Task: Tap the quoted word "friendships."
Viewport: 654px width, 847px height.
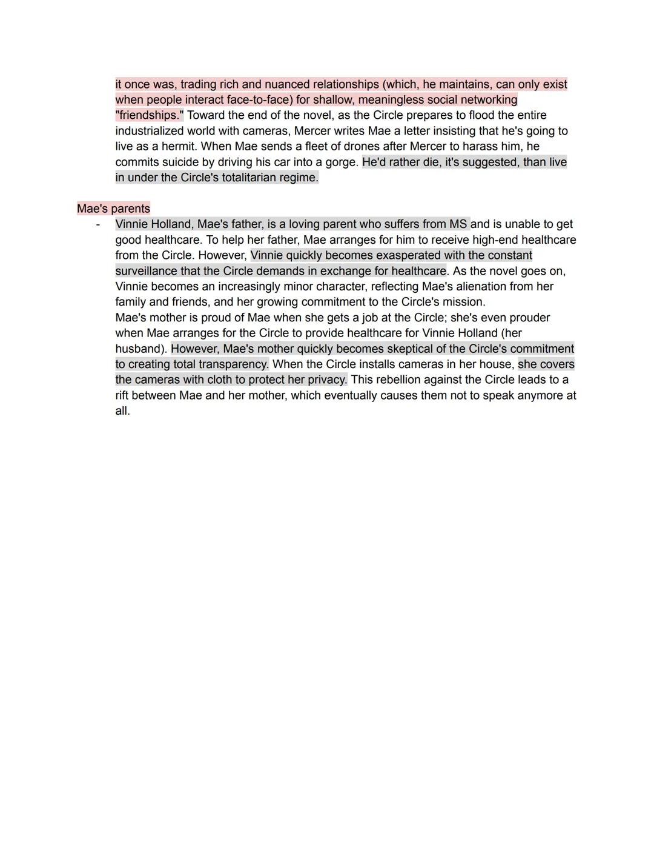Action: click(150, 115)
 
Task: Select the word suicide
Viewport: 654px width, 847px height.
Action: click(185, 162)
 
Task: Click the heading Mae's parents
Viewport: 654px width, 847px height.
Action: click(114, 209)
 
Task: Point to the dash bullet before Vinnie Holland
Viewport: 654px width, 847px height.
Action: click(97, 224)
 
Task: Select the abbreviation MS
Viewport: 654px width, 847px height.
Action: click(458, 224)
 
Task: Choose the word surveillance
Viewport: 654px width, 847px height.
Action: click(146, 271)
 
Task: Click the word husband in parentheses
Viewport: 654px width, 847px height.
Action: click(139, 349)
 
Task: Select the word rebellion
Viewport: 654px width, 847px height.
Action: click(401, 380)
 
